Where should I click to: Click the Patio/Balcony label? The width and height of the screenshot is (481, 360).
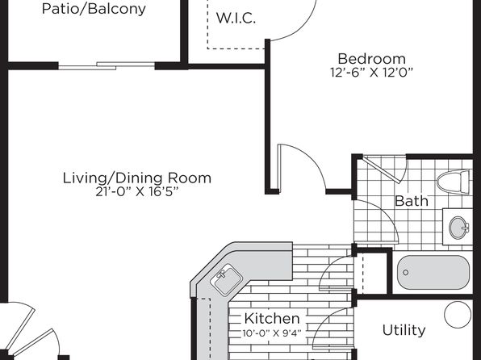[x=94, y=9]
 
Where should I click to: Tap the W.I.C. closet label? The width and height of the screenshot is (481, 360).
[x=236, y=18]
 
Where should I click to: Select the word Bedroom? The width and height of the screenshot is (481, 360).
[x=371, y=58]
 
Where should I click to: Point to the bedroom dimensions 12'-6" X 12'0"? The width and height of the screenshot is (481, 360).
[x=371, y=73]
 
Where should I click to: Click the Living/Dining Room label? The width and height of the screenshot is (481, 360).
[x=137, y=178]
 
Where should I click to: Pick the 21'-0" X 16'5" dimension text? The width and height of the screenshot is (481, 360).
[x=137, y=192]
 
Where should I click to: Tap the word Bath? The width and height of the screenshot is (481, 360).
[x=412, y=201]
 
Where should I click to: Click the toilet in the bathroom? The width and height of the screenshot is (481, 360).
[x=453, y=182]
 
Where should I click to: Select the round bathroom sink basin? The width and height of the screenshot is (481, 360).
[x=459, y=228]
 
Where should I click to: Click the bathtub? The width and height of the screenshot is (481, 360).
[x=433, y=273]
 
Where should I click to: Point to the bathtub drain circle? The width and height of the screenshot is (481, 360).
[x=405, y=272]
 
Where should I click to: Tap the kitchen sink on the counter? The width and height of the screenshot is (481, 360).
[x=228, y=279]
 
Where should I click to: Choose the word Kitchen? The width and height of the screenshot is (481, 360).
[x=272, y=319]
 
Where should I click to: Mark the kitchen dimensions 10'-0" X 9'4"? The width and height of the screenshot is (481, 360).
[x=272, y=333]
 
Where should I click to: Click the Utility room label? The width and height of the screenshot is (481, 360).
[x=404, y=330]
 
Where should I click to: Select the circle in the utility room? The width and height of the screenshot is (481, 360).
[x=458, y=315]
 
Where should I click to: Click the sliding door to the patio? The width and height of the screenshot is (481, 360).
[x=107, y=65]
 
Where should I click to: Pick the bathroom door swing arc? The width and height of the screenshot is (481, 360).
[x=376, y=220]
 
